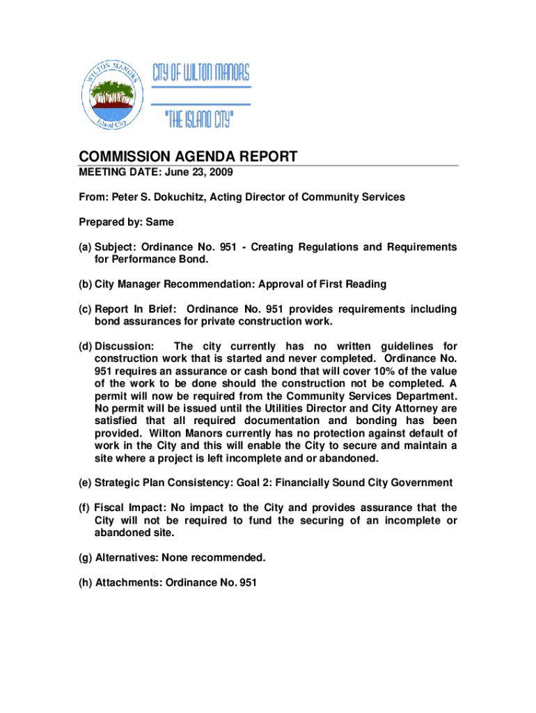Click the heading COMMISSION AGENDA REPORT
[x=187, y=157]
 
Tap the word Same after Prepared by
[x=159, y=222]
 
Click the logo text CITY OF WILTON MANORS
[x=200, y=72]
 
